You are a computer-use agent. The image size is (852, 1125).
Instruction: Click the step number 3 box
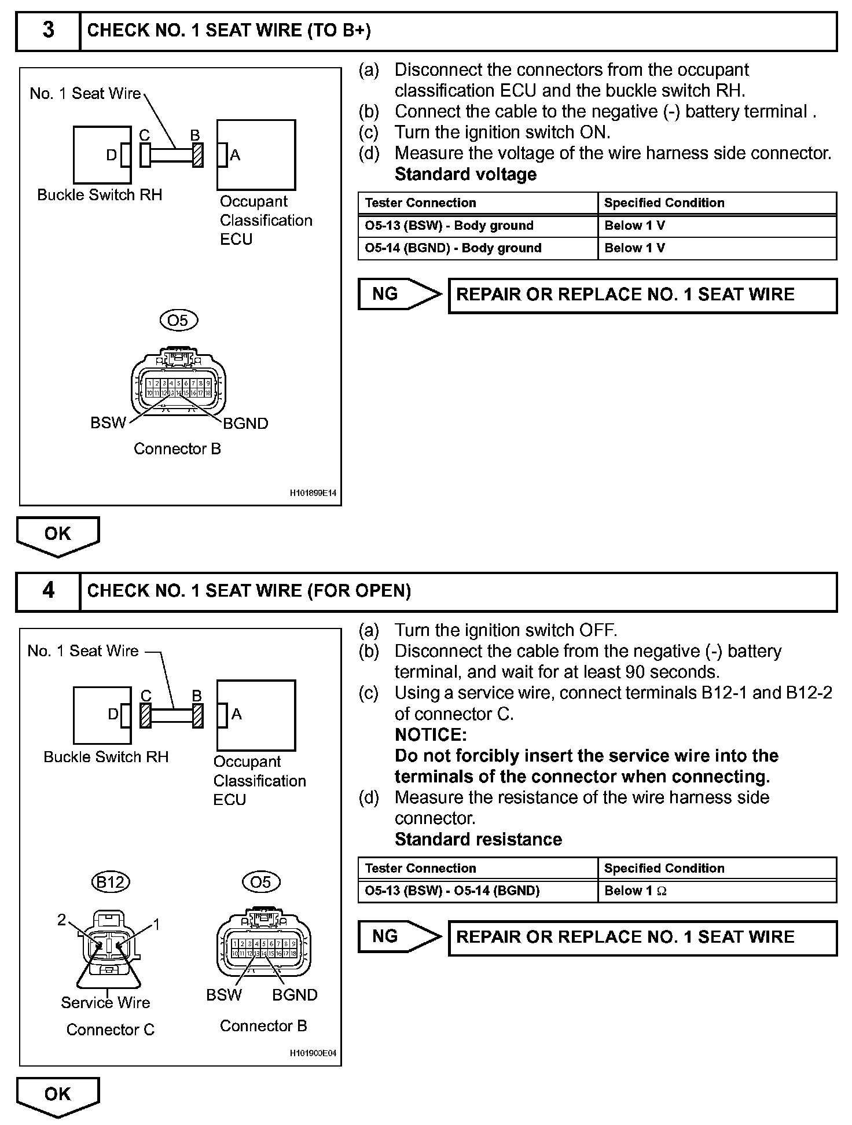click(48, 30)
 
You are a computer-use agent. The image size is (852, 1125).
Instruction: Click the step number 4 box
click(48, 591)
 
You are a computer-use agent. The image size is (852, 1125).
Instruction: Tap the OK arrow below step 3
click(58, 535)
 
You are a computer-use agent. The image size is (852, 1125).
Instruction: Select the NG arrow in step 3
click(398, 295)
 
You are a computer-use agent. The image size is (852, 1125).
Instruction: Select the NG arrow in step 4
click(398, 936)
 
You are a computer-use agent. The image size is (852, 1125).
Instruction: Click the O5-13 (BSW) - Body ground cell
click(478, 226)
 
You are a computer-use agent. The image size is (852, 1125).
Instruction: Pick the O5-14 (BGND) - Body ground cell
click(478, 248)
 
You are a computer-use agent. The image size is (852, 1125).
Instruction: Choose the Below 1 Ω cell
click(717, 891)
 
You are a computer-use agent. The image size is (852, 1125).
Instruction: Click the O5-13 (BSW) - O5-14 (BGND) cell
click(478, 891)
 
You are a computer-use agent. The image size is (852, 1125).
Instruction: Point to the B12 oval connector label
click(110, 882)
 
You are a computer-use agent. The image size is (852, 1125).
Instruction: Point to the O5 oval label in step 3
click(178, 320)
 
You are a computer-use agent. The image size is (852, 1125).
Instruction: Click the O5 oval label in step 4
click(260, 882)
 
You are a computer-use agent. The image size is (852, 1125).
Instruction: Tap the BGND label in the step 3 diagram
click(246, 424)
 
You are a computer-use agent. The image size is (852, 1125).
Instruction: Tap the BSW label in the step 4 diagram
click(223, 995)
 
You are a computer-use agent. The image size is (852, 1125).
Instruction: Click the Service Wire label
click(105, 1002)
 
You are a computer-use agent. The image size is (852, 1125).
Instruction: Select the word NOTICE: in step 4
click(431, 735)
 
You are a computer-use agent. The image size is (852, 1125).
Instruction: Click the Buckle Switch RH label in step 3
click(100, 195)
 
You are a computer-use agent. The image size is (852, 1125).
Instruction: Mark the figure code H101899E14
click(313, 494)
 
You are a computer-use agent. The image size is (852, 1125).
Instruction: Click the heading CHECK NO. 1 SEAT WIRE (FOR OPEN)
click(249, 591)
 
